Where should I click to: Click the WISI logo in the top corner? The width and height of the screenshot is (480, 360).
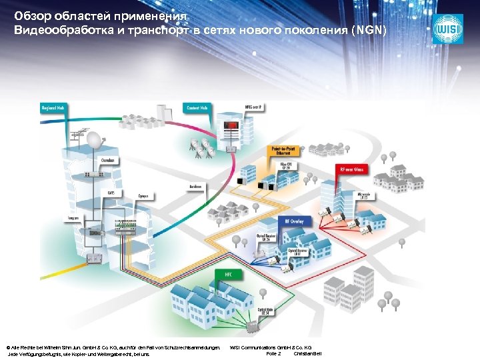point(447,29)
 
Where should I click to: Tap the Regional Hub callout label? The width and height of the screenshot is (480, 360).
point(53,107)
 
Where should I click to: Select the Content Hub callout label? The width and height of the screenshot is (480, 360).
point(197,107)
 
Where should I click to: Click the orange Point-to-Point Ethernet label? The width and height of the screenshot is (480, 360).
point(283,151)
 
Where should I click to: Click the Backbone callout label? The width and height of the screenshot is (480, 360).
point(195,185)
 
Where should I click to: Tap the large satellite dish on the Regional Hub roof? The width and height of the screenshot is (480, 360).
point(95,141)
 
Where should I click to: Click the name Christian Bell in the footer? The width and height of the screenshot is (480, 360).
point(307,353)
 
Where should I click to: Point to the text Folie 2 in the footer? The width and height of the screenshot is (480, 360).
point(273,353)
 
